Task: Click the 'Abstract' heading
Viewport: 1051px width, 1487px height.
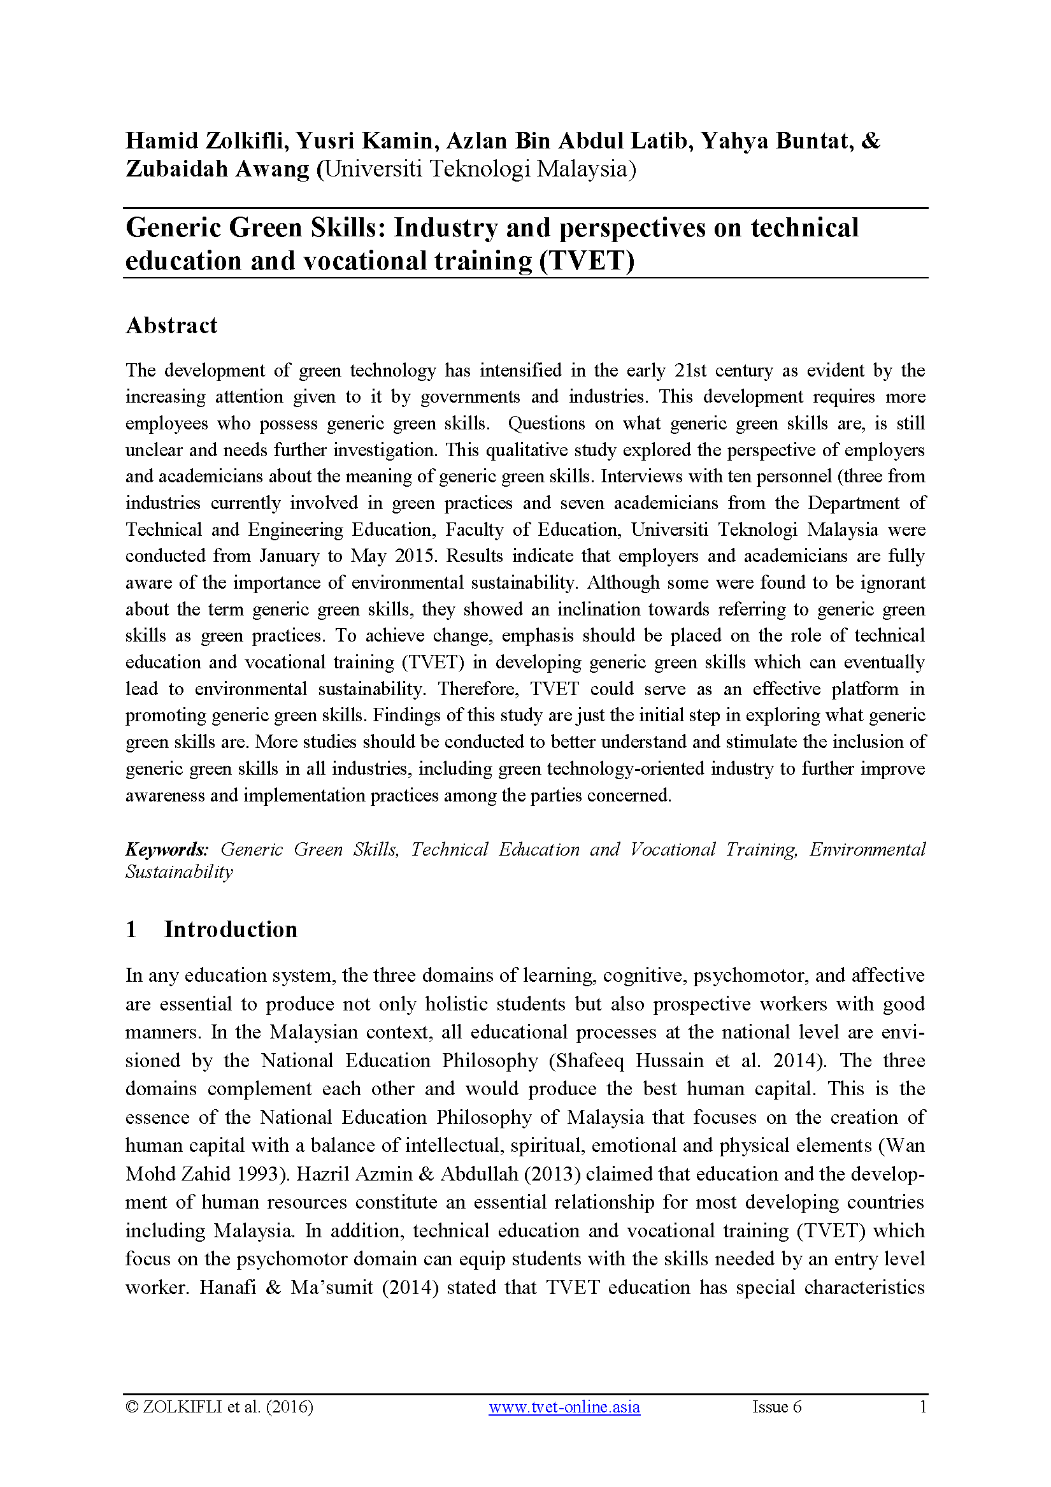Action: [171, 325]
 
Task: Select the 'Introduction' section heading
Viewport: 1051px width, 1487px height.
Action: [231, 929]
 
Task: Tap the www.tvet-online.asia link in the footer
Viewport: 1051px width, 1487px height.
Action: [564, 1407]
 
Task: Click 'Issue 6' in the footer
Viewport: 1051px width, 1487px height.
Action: [776, 1407]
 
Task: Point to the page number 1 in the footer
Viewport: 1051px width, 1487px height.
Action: [923, 1407]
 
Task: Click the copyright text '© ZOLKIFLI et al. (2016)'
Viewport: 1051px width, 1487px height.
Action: [220, 1407]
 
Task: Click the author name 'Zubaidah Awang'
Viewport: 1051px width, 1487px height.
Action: [218, 169]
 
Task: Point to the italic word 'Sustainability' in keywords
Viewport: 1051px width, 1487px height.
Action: [179, 872]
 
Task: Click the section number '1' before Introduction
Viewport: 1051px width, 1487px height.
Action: [131, 929]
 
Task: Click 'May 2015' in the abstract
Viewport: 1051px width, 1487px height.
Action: [391, 556]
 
